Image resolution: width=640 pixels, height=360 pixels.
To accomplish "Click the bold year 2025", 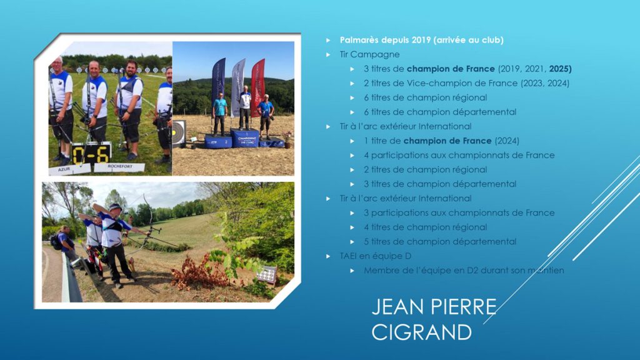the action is click(x=559, y=69).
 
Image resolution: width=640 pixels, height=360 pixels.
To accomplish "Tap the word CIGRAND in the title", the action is click(x=422, y=332).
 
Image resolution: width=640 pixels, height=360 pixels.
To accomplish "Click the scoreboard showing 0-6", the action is click(x=91, y=154).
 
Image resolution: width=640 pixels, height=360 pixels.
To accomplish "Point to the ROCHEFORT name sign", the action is click(x=119, y=167).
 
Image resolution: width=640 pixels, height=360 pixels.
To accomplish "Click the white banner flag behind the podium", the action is click(x=238, y=87).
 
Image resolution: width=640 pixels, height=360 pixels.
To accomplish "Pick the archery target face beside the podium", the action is click(x=178, y=132).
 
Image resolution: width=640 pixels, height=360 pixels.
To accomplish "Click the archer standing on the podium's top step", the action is click(x=244, y=107).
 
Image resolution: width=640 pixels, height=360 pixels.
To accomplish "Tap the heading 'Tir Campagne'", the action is click(x=369, y=54).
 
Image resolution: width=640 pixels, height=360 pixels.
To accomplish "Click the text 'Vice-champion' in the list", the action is click(x=436, y=83).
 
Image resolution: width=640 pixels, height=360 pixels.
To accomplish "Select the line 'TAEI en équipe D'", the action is click(x=375, y=256).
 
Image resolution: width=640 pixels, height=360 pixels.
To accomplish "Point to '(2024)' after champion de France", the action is click(x=506, y=141).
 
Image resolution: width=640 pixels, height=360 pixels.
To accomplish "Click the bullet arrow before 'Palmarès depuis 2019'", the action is click(x=328, y=40).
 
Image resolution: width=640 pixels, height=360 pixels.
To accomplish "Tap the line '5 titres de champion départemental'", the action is click(x=440, y=242).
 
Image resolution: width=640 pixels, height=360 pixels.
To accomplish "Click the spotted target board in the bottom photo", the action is click(x=266, y=274).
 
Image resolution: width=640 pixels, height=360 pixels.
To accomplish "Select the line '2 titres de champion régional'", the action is click(x=425, y=169).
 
